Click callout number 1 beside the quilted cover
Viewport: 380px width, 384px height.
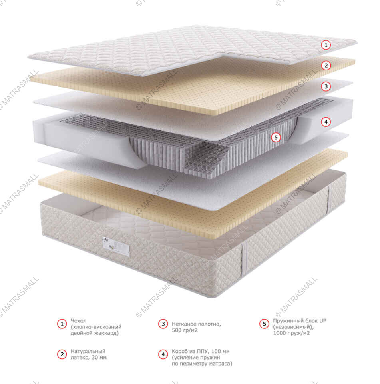point(326,45)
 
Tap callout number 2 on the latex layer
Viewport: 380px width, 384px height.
point(326,65)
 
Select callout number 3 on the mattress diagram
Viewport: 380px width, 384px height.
point(326,86)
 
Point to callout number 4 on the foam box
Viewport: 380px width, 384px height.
point(326,122)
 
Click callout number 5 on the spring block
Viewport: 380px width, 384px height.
point(275,138)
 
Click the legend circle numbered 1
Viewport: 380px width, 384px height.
point(62,324)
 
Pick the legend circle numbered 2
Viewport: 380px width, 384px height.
point(62,354)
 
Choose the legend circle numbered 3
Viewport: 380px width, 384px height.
point(163,324)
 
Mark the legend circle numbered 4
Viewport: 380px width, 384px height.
point(163,354)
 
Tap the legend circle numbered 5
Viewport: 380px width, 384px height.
point(265,324)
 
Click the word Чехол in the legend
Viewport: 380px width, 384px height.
point(78,321)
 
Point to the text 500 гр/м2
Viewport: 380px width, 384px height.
point(185,330)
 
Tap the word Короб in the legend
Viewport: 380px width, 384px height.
point(179,351)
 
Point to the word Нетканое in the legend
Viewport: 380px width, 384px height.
point(183,324)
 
